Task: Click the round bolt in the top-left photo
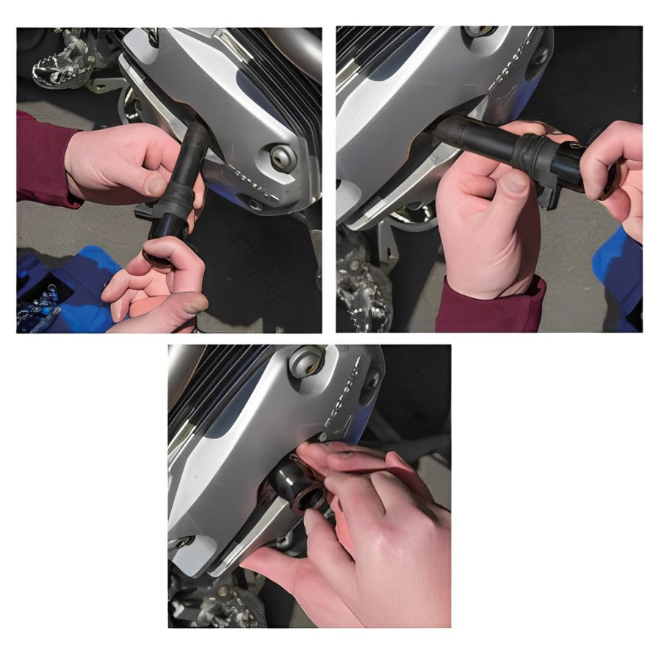[x=283, y=157]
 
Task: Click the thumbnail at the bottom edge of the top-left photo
[x=192, y=303]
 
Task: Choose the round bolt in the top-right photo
[x=477, y=30]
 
